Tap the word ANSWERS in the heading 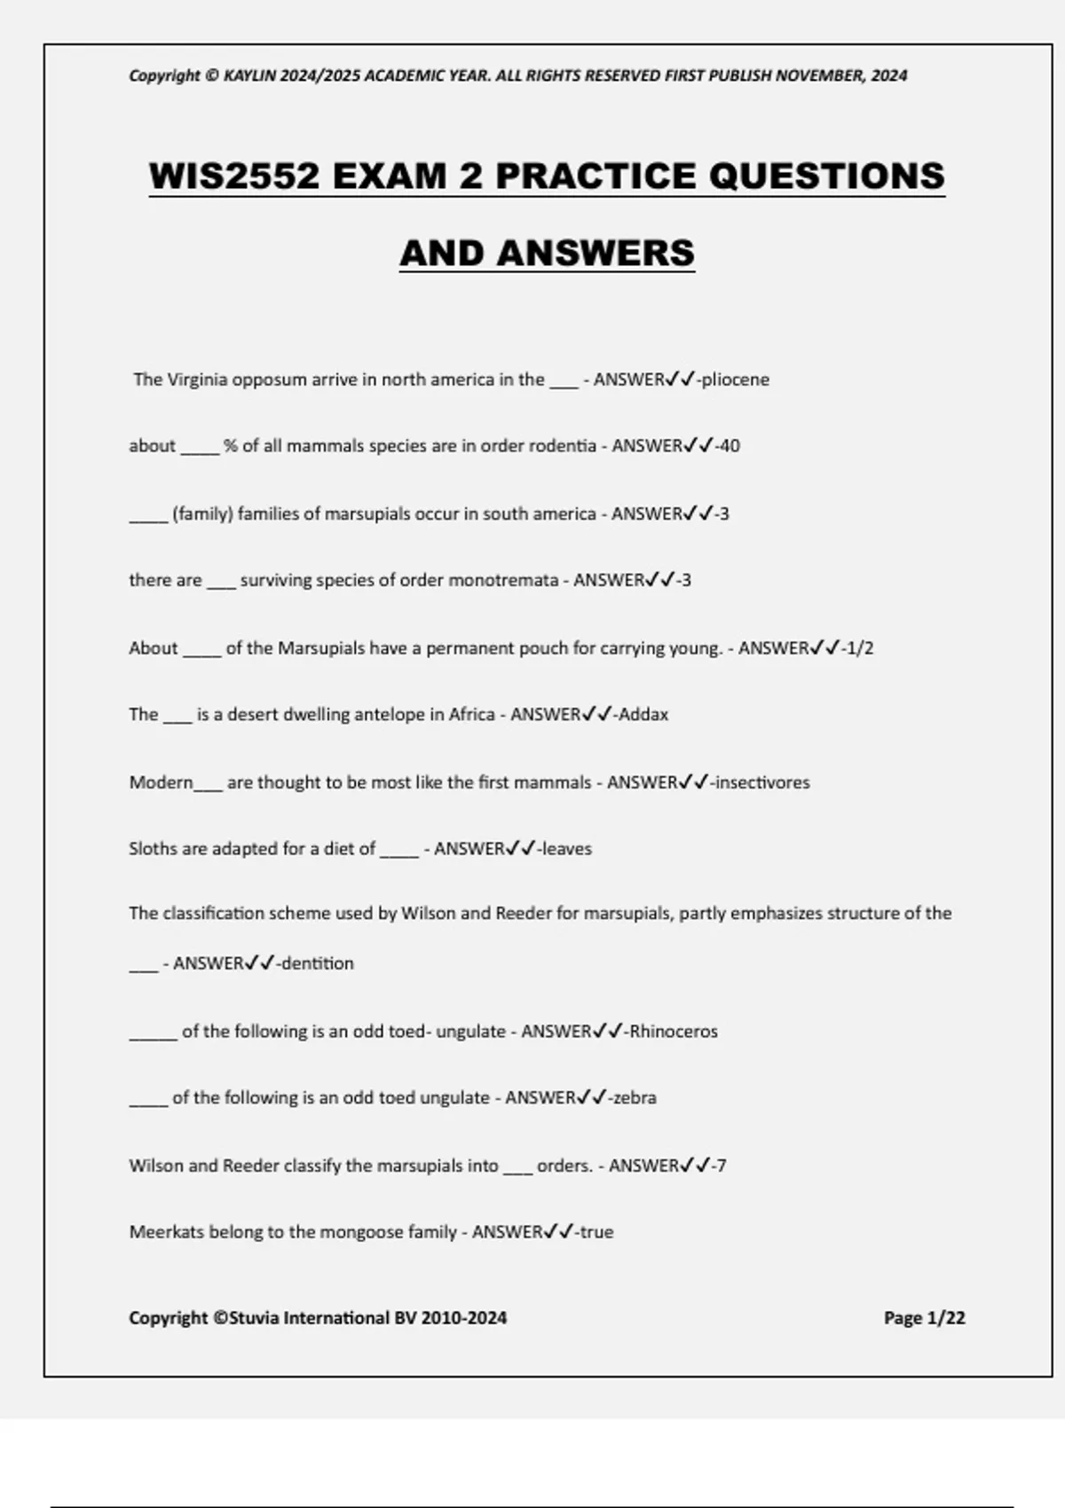596,253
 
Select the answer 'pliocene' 736,380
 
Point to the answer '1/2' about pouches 860,648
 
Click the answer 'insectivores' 762,782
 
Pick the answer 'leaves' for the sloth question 567,849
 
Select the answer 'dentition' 318,963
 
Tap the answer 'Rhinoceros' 674,1032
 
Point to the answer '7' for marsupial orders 722,1166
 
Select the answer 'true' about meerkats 596,1232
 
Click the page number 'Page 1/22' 924,1318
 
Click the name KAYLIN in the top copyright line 249,75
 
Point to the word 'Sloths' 153,849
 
